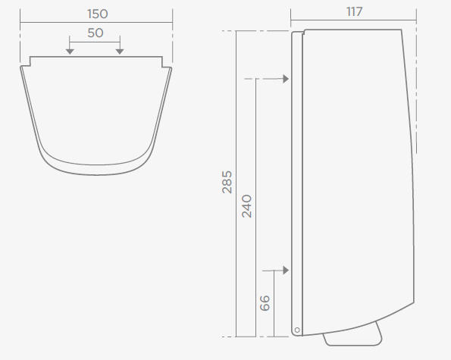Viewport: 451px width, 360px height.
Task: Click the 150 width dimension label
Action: [98, 14]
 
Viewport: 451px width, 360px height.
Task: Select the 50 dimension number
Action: [96, 33]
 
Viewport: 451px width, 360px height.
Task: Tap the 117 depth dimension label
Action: [355, 12]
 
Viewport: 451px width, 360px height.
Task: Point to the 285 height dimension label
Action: [227, 182]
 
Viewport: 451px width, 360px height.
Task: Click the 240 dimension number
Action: [247, 206]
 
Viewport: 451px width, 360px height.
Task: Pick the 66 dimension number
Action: [265, 303]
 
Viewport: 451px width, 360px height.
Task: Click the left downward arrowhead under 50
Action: [70, 52]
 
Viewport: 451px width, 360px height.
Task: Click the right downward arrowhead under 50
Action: [120, 52]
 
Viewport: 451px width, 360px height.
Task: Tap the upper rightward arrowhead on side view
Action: [286, 79]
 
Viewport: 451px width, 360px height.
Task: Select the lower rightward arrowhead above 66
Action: [286, 271]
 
